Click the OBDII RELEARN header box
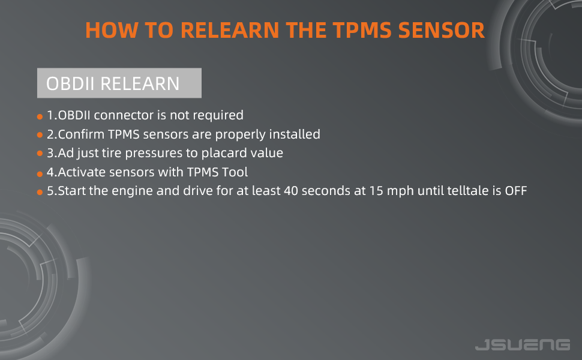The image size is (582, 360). pyautogui.click(x=119, y=83)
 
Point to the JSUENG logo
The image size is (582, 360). pyautogui.click(x=522, y=344)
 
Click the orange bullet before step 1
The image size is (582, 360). pyautogui.click(x=40, y=116)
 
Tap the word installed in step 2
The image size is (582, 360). pyautogui.click(x=295, y=134)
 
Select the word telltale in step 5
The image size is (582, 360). pyautogui.click(x=464, y=192)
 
